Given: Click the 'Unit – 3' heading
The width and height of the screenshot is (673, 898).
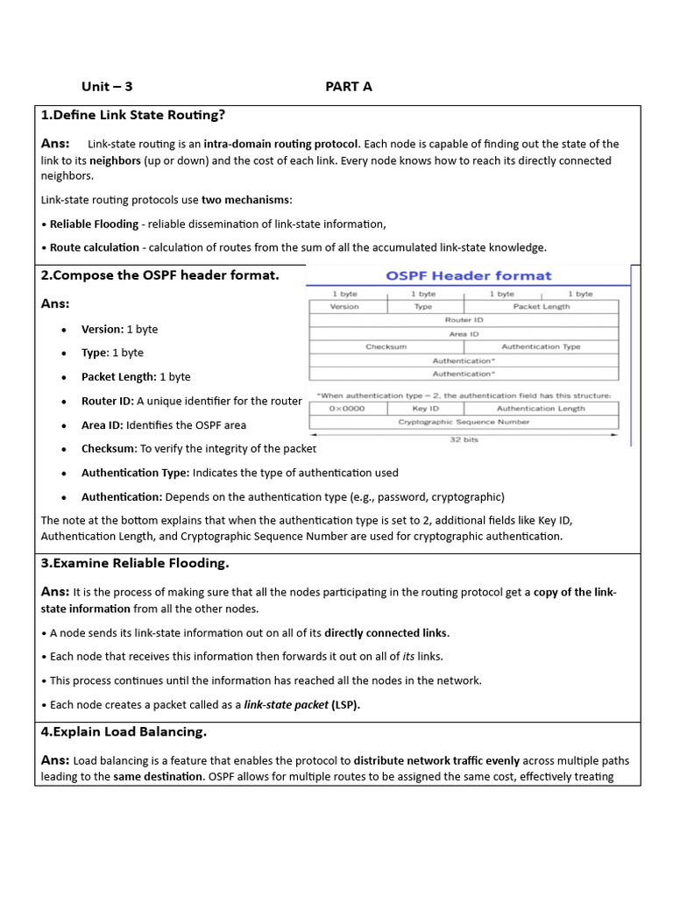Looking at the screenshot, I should [x=107, y=86].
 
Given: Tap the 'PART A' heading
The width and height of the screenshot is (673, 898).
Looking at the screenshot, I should [x=349, y=86].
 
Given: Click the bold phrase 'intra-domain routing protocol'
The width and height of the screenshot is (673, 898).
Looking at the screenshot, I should [x=280, y=144].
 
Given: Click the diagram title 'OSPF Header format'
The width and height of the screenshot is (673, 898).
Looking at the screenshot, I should [x=469, y=275].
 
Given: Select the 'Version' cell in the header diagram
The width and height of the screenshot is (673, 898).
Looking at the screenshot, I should [x=344, y=307].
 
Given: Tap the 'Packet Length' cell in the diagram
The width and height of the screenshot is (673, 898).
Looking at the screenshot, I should [x=541, y=307].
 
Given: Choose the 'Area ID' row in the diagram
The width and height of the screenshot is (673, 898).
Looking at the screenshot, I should [x=464, y=334].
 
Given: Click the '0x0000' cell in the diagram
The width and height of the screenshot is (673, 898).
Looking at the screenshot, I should [x=347, y=409].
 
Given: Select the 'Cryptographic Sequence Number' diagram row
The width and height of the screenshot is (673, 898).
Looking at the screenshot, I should [x=464, y=422].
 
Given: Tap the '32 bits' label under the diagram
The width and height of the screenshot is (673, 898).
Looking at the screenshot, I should [x=464, y=439].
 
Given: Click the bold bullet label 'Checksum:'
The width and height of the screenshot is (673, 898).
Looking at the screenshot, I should [x=109, y=449].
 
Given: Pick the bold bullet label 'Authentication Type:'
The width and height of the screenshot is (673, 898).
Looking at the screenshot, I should [x=135, y=473].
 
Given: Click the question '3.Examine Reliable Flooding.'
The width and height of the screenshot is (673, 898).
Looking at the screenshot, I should [x=135, y=563].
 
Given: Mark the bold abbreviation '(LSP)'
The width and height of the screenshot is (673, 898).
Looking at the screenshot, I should [x=345, y=704].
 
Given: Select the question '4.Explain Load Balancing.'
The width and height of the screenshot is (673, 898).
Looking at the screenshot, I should [x=124, y=731].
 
